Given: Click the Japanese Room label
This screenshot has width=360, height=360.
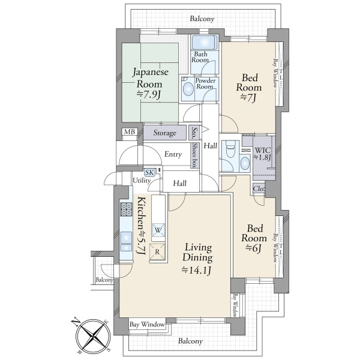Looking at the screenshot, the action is (151, 78).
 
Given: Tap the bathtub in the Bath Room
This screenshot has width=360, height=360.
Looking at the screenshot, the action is (205, 43).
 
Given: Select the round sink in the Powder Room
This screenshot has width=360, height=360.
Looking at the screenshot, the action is (188, 89).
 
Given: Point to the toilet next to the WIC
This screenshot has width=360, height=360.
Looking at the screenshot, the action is (230, 149).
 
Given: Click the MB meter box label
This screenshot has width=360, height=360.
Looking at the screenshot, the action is (130, 132).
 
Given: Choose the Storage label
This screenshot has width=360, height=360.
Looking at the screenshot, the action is (164, 133).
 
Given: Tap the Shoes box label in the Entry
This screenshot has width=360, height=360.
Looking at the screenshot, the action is (195, 155).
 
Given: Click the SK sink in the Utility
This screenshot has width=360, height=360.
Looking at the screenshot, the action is (149, 172).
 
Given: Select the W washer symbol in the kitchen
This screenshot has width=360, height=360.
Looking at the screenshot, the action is (158, 230).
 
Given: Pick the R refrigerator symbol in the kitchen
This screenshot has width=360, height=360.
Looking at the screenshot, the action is (157, 251).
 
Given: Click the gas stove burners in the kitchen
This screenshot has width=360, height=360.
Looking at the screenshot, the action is (126, 209).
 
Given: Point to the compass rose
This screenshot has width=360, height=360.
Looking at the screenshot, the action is (93, 337).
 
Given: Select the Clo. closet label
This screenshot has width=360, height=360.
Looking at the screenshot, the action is (259, 189).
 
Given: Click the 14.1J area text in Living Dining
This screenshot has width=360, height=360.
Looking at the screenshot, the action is (197, 270).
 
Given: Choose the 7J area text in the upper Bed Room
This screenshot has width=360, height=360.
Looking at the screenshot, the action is (248, 98).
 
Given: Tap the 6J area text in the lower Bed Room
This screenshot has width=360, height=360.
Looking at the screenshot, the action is (254, 248).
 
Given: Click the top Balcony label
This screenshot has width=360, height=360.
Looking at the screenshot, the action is (202, 19).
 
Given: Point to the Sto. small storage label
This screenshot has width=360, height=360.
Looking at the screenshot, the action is (194, 133).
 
